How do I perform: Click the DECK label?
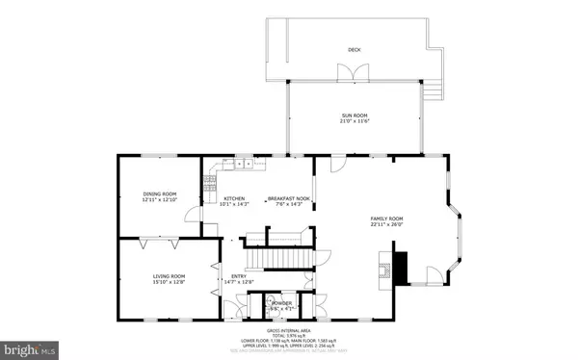pyautogui.click(x=354, y=49)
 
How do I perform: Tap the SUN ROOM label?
pyautogui.click(x=354, y=116)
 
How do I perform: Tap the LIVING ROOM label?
pyautogui.click(x=168, y=276)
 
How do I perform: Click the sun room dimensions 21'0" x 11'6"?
pyautogui.click(x=354, y=122)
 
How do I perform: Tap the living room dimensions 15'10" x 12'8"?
pyautogui.click(x=168, y=283)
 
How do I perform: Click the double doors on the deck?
pyautogui.click(x=345, y=73)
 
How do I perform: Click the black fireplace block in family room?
pyautogui.click(x=403, y=264)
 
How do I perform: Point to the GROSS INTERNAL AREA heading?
pyautogui.click(x=290, y=330)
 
